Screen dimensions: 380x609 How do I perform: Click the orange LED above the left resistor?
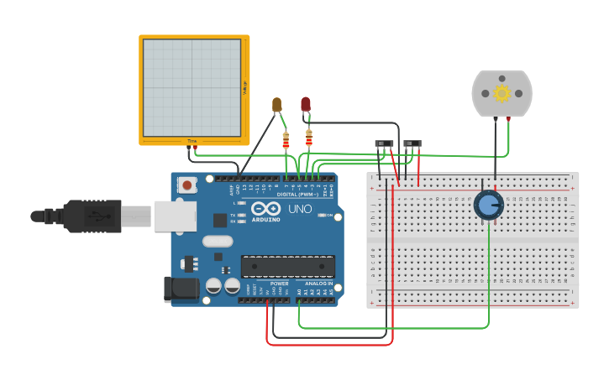[x=277, y=104]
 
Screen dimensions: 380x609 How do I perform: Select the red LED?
[x=306, y=104]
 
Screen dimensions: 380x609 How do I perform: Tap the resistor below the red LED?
[x=309, y=138]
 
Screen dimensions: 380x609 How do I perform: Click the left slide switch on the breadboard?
[x=384, y=144]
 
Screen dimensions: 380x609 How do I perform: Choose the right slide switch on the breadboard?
[x=412, y=144]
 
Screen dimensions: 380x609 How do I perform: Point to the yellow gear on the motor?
[x=502, y=93]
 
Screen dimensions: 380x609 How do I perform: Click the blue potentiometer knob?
[x=488, y=205]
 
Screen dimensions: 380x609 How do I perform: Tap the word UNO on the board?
[x=300, y=209]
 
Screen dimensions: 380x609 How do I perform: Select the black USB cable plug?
[x=92, y=216]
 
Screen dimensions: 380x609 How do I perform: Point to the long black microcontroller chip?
[x=288, y=266]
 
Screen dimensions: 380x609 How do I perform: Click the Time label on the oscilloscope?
[x=192, y=141]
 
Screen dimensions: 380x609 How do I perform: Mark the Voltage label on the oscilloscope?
[x=244, y=86]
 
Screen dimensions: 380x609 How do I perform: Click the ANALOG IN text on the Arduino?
[x=318, y=284]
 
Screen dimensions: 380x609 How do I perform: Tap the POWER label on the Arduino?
[x=279, y=284]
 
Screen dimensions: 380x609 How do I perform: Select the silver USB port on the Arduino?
[x=175, y=216]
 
